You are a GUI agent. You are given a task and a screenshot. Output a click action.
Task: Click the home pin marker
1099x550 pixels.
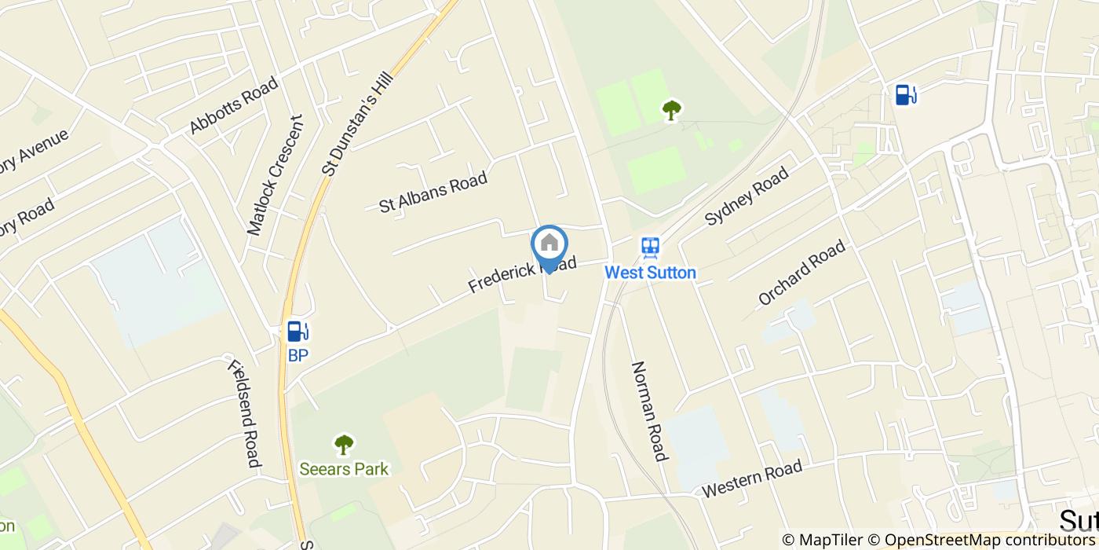click(549, 245)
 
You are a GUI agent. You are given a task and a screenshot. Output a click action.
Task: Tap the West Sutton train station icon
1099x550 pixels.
click(650, 248)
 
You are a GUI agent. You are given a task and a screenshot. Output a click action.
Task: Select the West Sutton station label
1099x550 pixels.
click(650, 273)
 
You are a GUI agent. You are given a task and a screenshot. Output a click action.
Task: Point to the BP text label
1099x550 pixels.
click(298, 356)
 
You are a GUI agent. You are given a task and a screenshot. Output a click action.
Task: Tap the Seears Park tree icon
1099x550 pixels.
click(344, 445)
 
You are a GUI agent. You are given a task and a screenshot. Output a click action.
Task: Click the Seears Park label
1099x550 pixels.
click(344, 469)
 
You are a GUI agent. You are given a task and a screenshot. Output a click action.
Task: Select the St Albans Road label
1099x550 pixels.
click(433, 192)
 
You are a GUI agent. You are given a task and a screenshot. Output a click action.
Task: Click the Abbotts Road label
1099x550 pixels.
click(233, 105)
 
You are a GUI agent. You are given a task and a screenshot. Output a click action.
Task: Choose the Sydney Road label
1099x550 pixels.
click(747, 196)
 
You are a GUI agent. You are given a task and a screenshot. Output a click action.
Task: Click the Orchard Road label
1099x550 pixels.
click(801, 272)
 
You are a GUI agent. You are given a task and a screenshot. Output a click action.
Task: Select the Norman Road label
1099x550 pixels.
click(650, 411)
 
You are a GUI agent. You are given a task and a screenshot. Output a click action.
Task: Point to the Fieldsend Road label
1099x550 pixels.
click(243, 412)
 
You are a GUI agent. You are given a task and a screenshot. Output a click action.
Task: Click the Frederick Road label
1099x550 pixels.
click(522, 273)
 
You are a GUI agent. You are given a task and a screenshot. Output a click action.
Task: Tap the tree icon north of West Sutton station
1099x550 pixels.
click(670, 110)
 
